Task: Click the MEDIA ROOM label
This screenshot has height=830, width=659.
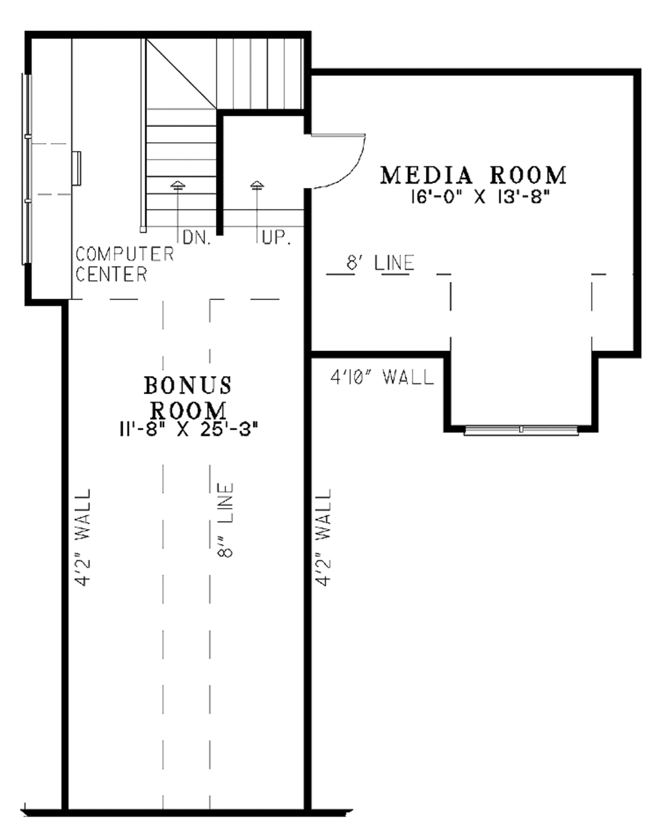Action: tap(473, 175)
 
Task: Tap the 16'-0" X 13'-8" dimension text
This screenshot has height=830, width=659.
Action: tap(479, 198)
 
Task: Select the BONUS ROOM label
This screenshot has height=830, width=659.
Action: tap(188, 398)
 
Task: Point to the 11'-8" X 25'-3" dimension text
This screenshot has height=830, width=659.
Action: tap(189, 429)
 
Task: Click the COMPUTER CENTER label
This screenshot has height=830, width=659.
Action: tap(125, 265)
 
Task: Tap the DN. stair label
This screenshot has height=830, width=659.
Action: tap(197, 238)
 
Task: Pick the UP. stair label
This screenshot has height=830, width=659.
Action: tap(276, 238)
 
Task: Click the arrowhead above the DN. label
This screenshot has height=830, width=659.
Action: tap(178, 185)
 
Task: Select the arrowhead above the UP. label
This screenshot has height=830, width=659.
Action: tap(257, 185)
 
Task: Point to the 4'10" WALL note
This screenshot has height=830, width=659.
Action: tap(382, 377)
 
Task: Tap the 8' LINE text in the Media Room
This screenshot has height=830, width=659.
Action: tap(380, 263)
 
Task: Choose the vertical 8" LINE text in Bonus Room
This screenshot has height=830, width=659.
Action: tap(226, 520)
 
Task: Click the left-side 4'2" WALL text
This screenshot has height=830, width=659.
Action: tap(83, 538)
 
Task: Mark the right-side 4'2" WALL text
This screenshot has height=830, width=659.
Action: tap(323, 538)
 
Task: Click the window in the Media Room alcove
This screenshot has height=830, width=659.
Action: tap(521, 429)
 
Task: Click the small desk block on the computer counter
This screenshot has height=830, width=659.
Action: tap(77, 169)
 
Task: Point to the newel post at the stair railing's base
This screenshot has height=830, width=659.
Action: tap(143, 229)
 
